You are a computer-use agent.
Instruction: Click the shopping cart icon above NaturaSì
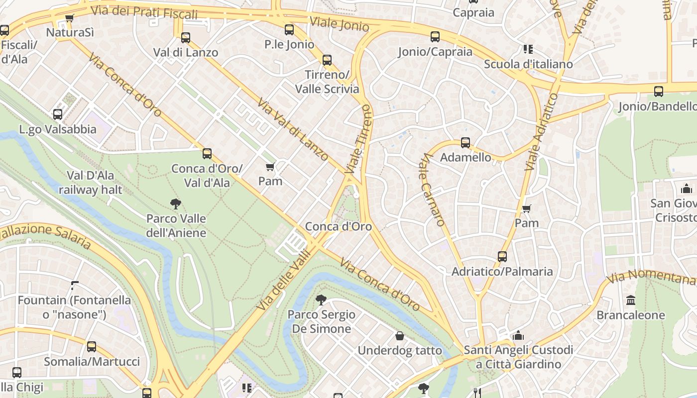coord(69,18)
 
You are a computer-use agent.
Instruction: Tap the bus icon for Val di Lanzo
coord(186,37)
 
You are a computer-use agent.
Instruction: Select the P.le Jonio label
coord(289,44)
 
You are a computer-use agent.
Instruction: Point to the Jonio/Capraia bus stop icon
coord(435,36)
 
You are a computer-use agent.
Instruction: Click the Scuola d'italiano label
coord(528,64)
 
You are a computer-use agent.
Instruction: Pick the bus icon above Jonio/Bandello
coord(659,91)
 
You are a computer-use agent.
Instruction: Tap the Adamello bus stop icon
coord(465,143)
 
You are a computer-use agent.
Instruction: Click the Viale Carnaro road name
coord(432,190)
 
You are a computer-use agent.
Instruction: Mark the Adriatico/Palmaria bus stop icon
coord(502,257)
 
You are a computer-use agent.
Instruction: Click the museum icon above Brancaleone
coord(631,300)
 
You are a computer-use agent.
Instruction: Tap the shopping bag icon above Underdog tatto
coord(399,336)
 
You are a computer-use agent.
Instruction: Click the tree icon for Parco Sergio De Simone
coord(322,299)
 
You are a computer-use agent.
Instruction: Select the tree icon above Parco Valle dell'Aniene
coord(175,203)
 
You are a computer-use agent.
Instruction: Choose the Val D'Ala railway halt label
coord(90,183)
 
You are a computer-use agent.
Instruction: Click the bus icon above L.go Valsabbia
coord(58,114)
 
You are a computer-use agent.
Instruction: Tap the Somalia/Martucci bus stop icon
coord(92,347)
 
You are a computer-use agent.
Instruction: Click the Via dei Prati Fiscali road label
coord(144,12)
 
